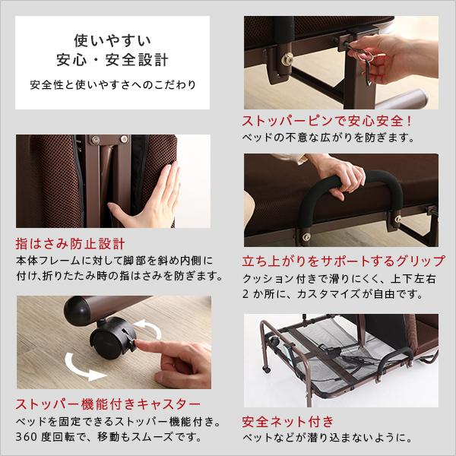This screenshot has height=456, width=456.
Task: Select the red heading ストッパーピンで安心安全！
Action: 327,121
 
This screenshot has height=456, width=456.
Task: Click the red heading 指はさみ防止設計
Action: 69,245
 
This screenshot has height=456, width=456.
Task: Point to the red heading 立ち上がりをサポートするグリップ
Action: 343,261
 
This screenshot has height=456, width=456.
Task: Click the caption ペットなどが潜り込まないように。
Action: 328,439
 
